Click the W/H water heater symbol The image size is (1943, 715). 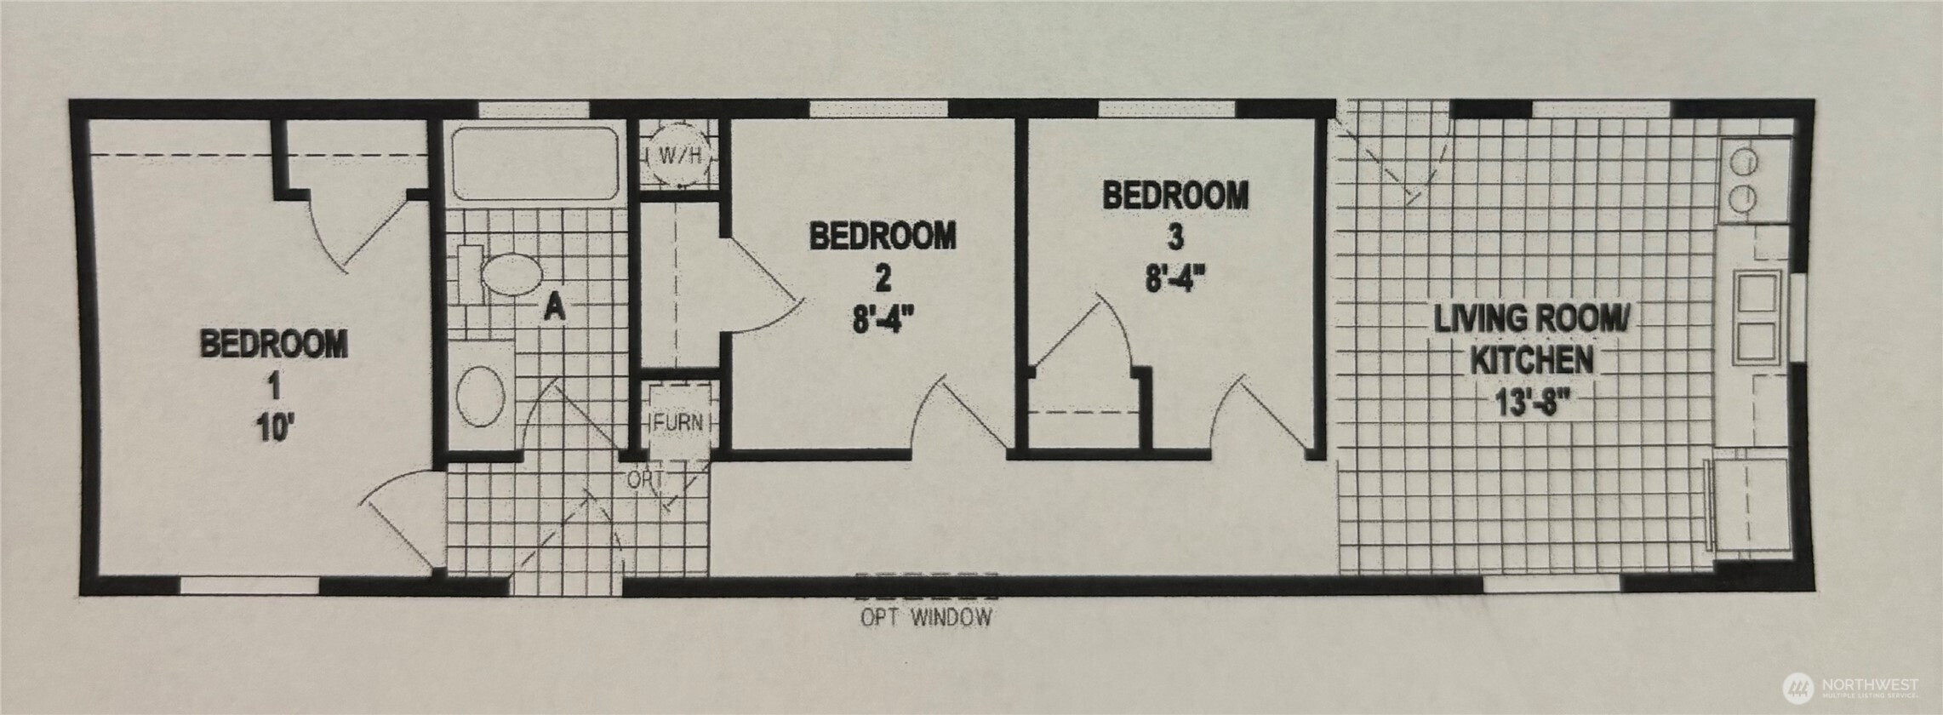(679, 156)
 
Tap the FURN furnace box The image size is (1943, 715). (679, 421)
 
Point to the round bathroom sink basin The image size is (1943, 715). (481, 396)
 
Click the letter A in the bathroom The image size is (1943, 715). (554, 306)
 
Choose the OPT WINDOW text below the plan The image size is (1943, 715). (926, 617)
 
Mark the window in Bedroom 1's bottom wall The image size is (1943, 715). (249, 586)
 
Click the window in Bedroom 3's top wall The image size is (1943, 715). (1168, 109)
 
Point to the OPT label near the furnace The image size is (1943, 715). (645, 480)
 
